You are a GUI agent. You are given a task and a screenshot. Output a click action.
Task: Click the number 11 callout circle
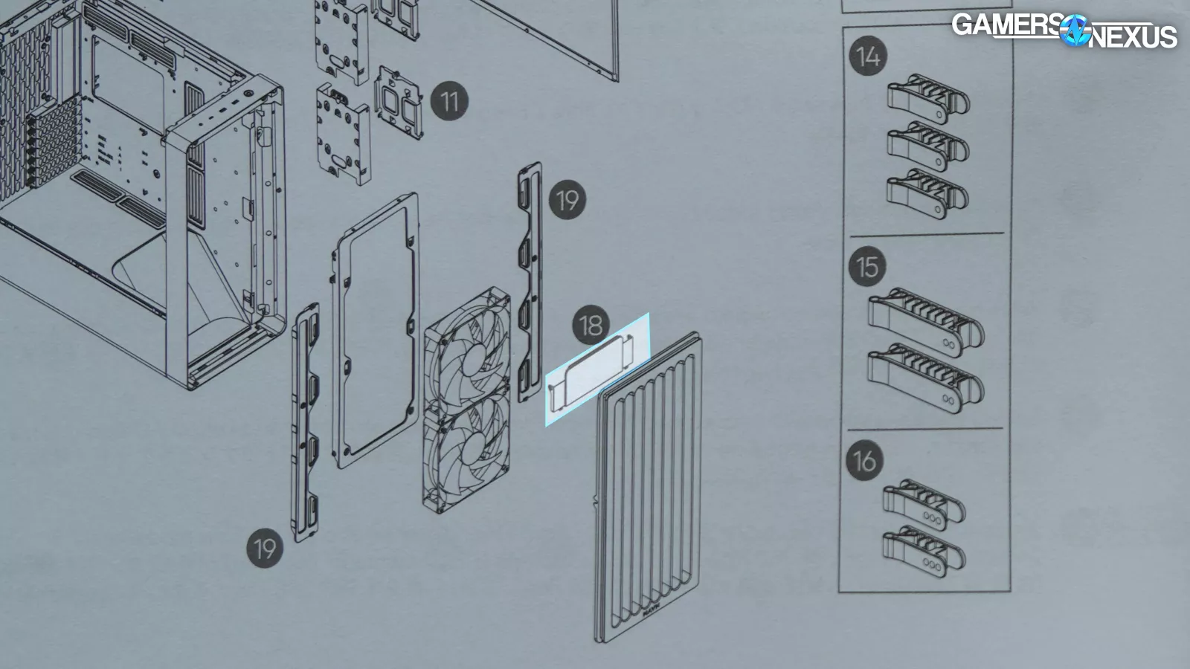(x=449, y=101)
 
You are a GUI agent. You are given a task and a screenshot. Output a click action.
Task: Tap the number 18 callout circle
(x=591, y=325)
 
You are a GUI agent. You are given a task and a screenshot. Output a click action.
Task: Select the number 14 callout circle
(x=868, y=56)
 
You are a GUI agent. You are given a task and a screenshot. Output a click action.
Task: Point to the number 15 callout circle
(x=867, y=267)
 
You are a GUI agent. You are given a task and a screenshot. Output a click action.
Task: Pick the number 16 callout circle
(x=865, y=460)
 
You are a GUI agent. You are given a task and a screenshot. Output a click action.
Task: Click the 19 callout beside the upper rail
(x=567, y=200)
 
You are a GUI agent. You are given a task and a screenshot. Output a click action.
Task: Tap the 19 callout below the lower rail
(x=265, y=548)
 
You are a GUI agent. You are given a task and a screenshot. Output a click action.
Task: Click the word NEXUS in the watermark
(x=1133, y=37)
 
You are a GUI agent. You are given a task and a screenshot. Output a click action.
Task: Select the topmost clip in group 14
(x=928, y=99)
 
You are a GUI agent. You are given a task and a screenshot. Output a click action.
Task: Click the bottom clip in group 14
(x=927, y=194)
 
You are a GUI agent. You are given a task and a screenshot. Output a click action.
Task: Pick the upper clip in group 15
(x=926, y=322)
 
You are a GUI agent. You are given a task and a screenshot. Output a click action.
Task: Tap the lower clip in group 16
(x=924, y=552)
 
